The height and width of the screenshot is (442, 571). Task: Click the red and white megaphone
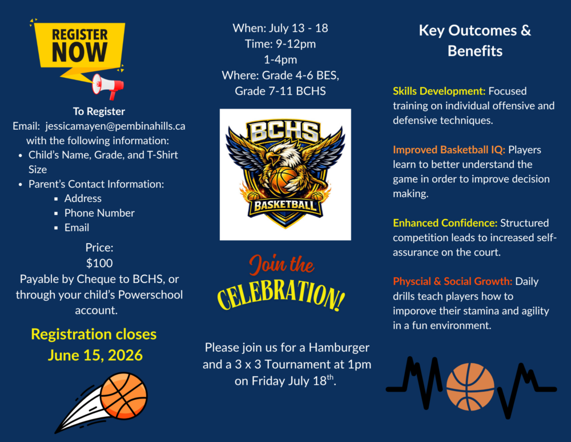(x=108, y=86)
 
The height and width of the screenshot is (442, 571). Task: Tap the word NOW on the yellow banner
(x=79, y=52)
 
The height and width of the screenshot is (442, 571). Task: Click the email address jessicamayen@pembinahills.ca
(x=115, y=126)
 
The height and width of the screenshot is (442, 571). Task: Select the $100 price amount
(x=99, y=263)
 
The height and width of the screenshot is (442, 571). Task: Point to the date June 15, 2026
(x=95, y=355)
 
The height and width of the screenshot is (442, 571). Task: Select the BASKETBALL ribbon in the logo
(x=285, y=206)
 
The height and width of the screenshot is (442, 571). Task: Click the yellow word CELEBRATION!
(x=281, y=296)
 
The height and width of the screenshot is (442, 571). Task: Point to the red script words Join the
(x=282, y=265)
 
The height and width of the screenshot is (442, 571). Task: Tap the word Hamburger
(x=339, y=348)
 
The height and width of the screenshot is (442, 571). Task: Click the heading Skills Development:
(x=439, y=91)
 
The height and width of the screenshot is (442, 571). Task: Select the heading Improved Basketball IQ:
(x=449, y=150)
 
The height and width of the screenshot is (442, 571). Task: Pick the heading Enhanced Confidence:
(x=445, y=223)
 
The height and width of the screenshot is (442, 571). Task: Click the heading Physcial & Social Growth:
(x=453, y=281)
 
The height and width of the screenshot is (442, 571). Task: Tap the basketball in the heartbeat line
(x=470, y=387)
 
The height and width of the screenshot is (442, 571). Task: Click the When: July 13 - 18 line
(x=280, y=28)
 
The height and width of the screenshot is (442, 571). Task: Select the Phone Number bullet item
(x=99, y=213)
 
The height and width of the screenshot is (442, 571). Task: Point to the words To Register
(x=99, y=112)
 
